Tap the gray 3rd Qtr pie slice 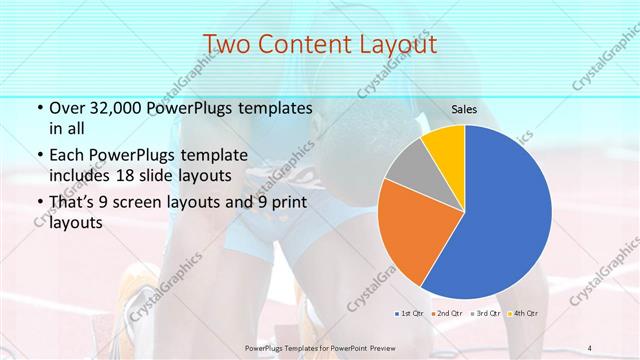click(x=409, y=165)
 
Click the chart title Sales click(x=463, y=109)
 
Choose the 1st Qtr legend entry click(x=411, y=314)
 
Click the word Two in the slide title click(x=223, y=44)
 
